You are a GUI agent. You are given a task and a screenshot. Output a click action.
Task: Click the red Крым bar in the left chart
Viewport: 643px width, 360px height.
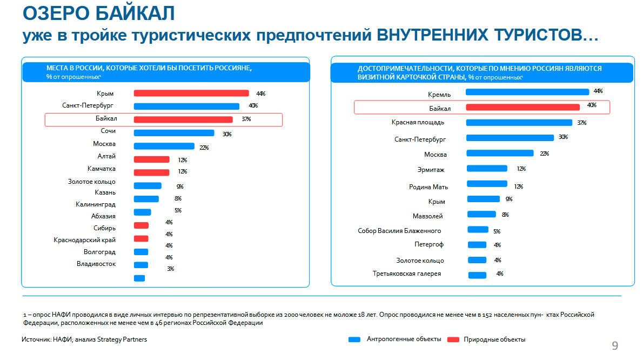[x=191, y=94]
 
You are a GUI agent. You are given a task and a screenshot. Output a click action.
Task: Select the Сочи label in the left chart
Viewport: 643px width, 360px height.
[x=108, y=131]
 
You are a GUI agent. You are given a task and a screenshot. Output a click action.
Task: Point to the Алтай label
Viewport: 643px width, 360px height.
[x=106, y=157]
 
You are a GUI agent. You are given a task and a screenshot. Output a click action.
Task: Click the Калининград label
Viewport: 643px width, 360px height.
[x=96, y=204]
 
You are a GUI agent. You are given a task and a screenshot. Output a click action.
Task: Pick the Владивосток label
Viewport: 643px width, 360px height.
[x=96, y=264]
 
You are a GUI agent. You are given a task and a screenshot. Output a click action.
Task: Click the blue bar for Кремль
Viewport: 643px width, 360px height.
[x=527, y=92]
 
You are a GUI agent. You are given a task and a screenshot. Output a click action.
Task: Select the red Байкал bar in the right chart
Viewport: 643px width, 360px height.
[x=523, y=107]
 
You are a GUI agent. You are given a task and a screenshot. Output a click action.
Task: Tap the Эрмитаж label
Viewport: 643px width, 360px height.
[x=431, y=170]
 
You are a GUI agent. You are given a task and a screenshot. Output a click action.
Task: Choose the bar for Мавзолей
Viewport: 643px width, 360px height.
[x=481, y=214]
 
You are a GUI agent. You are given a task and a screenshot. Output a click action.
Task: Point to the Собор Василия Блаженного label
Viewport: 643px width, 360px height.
[x=399, y=231]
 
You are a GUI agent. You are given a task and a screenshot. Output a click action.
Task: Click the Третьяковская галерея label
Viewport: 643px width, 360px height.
[x=407, y=274]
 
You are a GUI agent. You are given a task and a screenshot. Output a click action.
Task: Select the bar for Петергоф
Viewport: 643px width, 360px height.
[x=477, y=245]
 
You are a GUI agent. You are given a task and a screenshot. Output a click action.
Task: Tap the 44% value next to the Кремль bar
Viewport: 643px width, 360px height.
[x=598, y=91]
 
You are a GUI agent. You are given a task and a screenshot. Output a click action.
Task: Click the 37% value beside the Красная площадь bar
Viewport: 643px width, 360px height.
[x=581, y=123]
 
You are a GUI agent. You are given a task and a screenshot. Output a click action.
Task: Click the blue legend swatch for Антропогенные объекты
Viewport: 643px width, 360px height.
[x=354, y=339]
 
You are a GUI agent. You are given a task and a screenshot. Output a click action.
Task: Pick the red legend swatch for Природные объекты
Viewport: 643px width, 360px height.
[x=453, y=339]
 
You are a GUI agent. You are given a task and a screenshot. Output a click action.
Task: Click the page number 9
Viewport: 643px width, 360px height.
[x=615, y=346]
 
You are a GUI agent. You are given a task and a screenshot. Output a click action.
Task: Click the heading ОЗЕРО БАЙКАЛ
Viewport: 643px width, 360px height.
[x=100, y=13]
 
